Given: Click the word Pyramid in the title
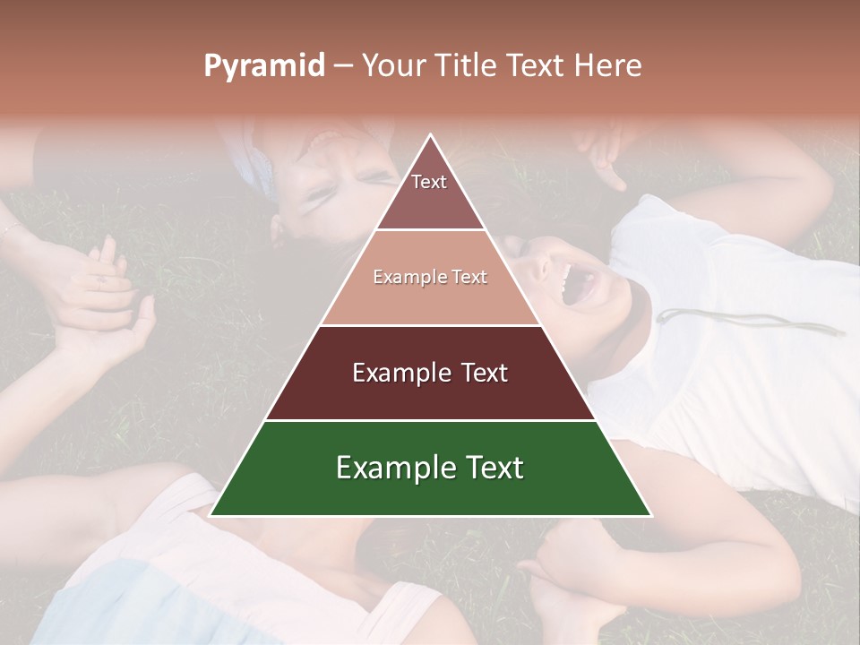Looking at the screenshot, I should [x=263, y=66].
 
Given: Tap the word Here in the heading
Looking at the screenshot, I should [x=607, y=65].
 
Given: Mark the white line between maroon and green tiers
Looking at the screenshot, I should [x=430, y=420].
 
